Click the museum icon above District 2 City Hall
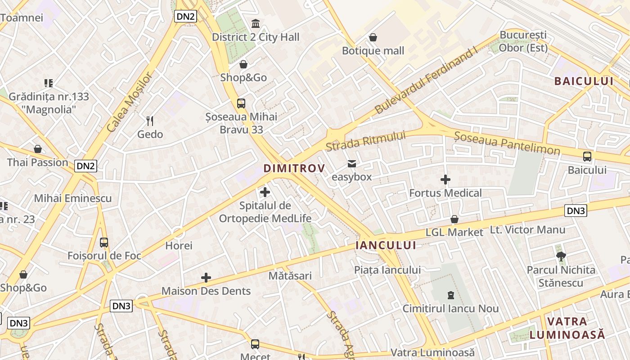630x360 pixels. [x=256, y=23]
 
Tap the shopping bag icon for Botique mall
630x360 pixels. [x=373, y=37]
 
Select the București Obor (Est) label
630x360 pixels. [x=523, y=41]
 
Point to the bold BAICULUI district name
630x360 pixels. [x=584, y=81]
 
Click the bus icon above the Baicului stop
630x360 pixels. [x=587, y=157]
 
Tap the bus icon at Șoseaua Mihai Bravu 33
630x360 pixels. [x=241, y=103]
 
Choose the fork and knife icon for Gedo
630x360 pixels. [x=150, y=121]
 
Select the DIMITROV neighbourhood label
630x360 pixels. [x=294, y=168]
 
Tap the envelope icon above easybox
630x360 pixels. [x=352, y=164]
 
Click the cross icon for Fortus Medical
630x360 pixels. [x=445, y=180]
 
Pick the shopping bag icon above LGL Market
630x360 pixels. [x=454, y=219]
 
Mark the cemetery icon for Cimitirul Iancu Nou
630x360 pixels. [x=450, y=295]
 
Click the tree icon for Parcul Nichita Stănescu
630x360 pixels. [x=561, y=256]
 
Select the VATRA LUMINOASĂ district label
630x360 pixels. [x=567, y=328]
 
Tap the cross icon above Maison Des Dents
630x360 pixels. [x=206, y=278]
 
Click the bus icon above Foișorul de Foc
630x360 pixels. [x=104, y=243]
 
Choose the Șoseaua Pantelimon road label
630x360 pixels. [x=507, y=143]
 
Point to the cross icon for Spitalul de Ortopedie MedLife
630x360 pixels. [x=265, y=193]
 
